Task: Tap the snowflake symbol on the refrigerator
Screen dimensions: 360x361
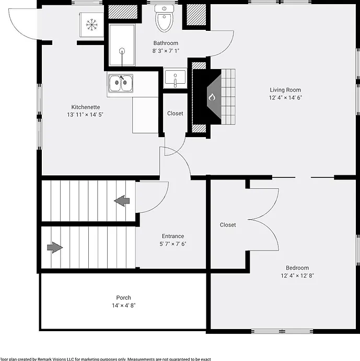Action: (92, 25)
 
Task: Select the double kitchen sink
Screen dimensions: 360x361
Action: (121, 83)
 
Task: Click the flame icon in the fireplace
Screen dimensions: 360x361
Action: (212, 97)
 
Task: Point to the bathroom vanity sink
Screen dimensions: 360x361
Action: (175, 78)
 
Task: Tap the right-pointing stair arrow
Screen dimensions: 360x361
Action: (55, 247)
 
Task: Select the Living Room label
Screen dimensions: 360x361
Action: (285, 90)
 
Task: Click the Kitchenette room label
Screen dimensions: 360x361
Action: (86, 107)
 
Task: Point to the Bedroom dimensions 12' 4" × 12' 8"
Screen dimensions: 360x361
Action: (297, 276)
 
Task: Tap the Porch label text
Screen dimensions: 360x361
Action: (123, 298)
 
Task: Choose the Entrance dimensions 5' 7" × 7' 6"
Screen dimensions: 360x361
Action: (173, 244)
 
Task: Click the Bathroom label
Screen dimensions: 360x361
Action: (166, 43)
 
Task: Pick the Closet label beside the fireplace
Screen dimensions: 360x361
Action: (175, 114)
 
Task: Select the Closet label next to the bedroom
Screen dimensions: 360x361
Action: (228, 224)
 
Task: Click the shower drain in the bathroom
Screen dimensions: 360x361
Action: (122, 51)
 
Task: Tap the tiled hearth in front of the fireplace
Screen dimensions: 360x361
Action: (228, 97)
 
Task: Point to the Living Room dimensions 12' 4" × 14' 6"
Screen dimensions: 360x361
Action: (285, 98)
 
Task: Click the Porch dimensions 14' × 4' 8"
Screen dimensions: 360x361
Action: (124, 306)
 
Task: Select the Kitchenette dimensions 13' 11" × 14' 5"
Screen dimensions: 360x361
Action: (85, 115)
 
